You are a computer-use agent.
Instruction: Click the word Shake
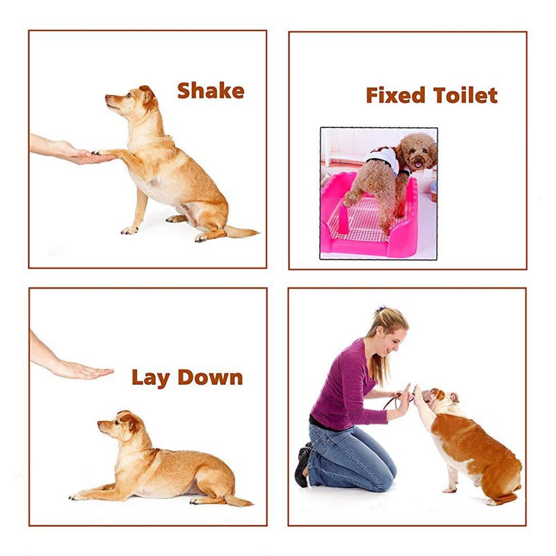(211, 91)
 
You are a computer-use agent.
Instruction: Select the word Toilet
(465, 95)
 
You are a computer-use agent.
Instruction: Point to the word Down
(210, 378)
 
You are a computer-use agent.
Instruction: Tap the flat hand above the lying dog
(83, 370)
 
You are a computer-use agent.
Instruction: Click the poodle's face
(419, 153)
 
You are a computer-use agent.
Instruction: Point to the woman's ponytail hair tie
(380, 309)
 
